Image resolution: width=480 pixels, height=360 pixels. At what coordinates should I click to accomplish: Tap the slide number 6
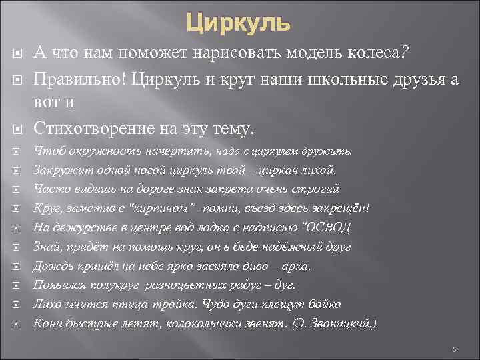(453, 350)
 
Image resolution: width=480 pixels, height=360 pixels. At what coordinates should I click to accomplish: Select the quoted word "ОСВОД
(327, 227)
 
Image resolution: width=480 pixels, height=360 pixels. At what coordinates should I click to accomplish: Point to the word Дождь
(50, 266)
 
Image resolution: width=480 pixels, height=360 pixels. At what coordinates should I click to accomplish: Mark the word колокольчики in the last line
(216, 324)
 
